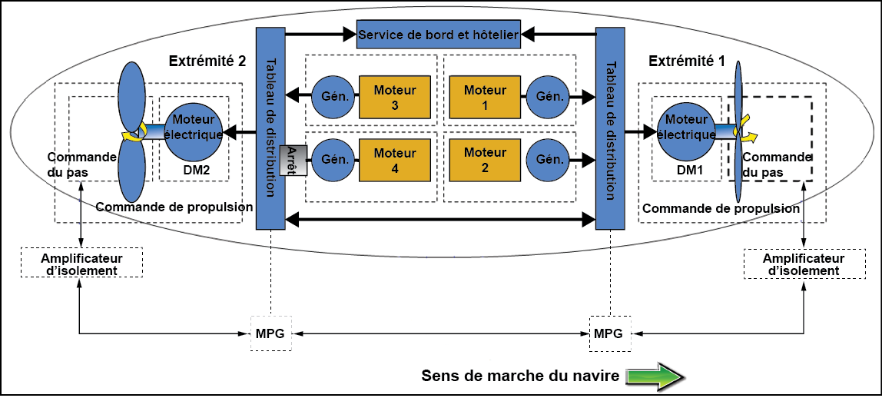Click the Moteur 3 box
click(x=394, y=98)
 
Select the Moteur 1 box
click(x=485, y=98)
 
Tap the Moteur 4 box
click(x=394, y=160)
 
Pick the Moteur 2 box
click(x=485, y=160)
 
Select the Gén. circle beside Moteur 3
click(x=330, y=98)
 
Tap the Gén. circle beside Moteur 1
click(x=549, y=98)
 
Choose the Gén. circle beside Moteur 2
click(x=549, y=160)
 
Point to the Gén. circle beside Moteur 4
click(x=330, y=160)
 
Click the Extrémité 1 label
click(x=686, y=61)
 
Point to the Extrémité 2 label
click(x=207, y=61)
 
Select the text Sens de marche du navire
click(x=520, y=376)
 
